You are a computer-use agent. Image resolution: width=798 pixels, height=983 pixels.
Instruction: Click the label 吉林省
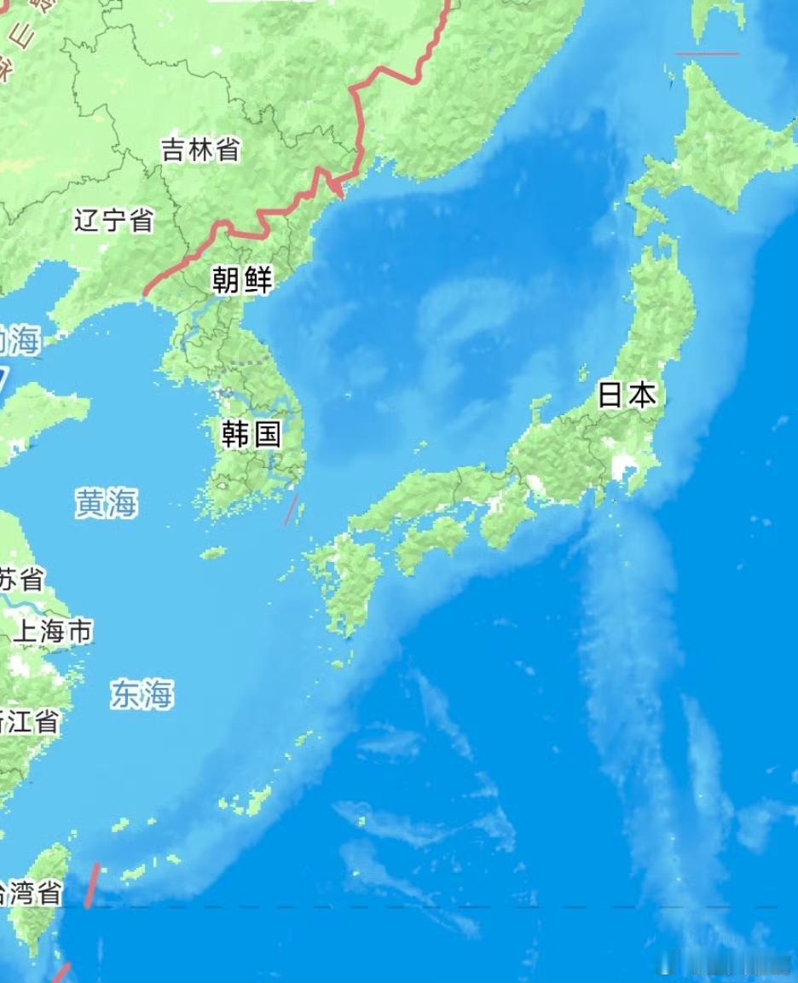pyautogui.click(x=200, y=151)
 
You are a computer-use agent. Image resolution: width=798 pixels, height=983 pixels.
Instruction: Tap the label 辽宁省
pyautogui.click(x=113, y=220)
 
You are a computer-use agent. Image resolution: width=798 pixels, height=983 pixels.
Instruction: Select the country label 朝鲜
pyautogui.click(x=242, y=279)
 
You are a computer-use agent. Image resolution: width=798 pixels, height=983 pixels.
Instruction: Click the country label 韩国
pyautogui.click(x=251, y=434)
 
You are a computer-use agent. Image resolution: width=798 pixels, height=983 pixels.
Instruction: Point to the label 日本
pyautogui.click(x=627, y=395)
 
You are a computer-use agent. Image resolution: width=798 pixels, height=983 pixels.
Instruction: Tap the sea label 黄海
pyautogui.click(x=106, y=503)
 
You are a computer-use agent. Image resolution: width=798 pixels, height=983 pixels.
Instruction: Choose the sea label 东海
pyautogui.click(x=142, y=695)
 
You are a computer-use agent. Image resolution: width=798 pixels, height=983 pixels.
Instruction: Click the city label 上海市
pyautogui.click(x=53, y=632)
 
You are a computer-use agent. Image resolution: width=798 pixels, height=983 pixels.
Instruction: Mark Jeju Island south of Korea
pyautogui.click(x=213, y=553)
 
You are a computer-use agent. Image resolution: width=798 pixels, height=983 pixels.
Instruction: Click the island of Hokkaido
pyautogui.click(x=725, y=136)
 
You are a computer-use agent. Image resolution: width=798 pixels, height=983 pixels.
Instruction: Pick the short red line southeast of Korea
pyautogui.click(x=291, y=510)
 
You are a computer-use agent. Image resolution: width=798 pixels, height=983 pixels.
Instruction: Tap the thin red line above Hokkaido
pyautogui.click(x=707, y=54)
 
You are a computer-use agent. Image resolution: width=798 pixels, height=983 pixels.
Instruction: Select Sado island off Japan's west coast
pyautogui.click(x=541, y=406)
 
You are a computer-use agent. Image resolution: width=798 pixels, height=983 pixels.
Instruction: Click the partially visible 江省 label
pyautogui.click(x=29, y=721)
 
